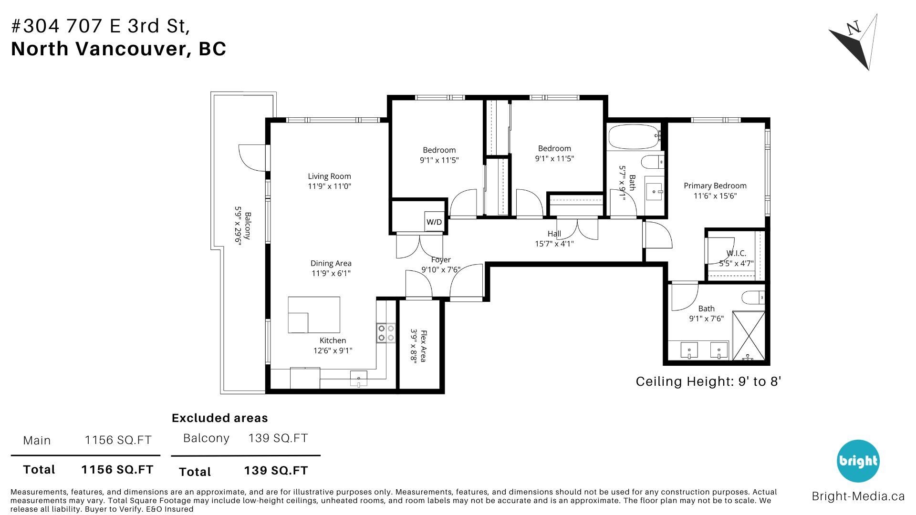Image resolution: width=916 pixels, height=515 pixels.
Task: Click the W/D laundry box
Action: pos(434,222)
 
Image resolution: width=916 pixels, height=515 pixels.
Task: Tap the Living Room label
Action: pos(329,176)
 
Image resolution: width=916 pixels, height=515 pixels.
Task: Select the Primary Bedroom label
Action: pos(715,186)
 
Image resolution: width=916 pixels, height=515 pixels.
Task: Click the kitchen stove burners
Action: pos(386,333)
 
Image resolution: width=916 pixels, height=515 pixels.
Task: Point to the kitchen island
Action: pos(314,315)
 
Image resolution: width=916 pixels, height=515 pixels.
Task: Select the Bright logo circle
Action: pos(858,461)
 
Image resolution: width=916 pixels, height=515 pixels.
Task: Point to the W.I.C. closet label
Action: pos(736,253)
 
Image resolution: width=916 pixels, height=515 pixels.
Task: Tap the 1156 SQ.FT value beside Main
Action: pos(118,440)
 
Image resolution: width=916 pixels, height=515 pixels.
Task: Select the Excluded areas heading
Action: pos(220,418)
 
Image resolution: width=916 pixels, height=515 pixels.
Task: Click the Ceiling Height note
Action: pos(708,381)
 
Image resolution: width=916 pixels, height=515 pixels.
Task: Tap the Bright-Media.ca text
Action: pos(858,496)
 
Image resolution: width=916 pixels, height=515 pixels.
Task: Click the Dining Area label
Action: pos(331,263)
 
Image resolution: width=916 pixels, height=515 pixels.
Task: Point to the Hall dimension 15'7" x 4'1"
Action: pos(554,244)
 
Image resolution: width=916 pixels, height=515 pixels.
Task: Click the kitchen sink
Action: pos(359,379)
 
